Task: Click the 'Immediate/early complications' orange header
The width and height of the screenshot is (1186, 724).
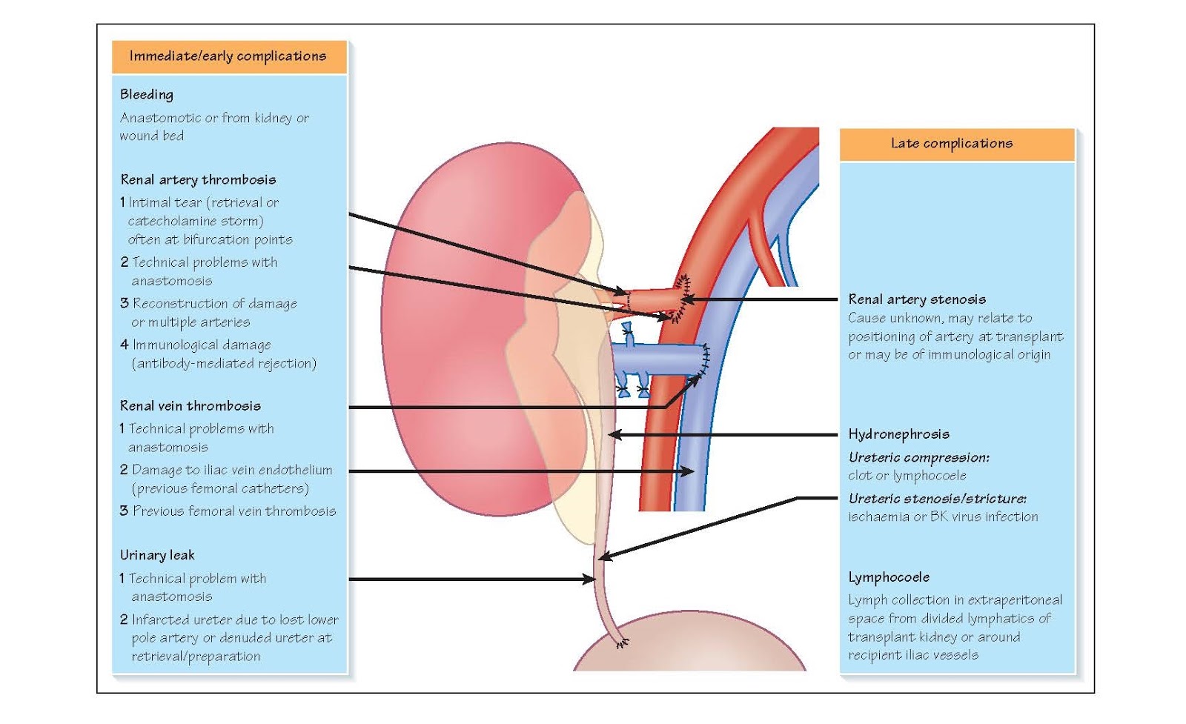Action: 228,56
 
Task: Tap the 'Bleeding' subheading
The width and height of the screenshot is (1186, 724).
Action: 147,95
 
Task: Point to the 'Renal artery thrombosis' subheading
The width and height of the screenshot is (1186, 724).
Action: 198,179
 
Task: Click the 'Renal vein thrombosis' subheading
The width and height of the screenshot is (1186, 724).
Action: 191,405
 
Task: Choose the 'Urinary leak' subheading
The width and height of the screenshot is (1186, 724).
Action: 157,555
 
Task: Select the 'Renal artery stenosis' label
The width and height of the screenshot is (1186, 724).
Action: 917,299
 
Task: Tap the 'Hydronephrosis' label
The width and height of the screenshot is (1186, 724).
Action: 898,434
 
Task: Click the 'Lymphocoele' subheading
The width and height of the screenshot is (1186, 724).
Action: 889,577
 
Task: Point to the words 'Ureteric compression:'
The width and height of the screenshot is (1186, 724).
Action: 918,457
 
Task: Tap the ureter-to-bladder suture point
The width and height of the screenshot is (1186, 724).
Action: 621,643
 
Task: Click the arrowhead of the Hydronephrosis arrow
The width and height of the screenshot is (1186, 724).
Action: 613,434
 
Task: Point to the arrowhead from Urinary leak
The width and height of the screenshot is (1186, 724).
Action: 591,579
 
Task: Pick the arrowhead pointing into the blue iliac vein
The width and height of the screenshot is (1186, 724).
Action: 689,471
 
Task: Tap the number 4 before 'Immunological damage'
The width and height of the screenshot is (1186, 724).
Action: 125,345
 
